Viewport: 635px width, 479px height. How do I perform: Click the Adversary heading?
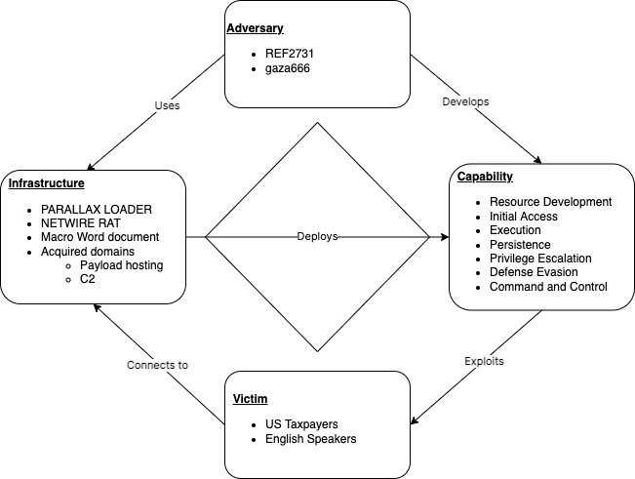pyautogui.click(x=254, y=28)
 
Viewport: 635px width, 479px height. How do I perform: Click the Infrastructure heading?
pyautogui.click(x=46, y=183)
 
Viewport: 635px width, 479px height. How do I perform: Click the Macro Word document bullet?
pyautogui.click(x=99, y=237)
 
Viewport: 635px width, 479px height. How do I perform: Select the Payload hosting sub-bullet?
pyautogui.click(x=122, y=265)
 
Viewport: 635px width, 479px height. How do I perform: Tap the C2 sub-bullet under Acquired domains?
pyautogui.click(x=88, y=279)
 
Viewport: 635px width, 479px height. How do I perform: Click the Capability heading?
pyautogui.click(x=485, y=177)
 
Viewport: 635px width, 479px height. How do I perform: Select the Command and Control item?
pyautogui.click(x=548, y=287)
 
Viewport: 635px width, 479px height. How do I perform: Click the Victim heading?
pyautogui.click(x=251, y=399)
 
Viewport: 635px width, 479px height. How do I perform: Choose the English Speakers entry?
pyautogui.click(x=310, y=439)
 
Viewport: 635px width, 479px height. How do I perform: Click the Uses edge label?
pyautogui.click(x=168, y=105)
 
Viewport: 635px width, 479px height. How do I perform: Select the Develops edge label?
pyautogui.click(x=465, y=101)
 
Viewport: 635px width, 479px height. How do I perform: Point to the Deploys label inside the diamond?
pyautogui.click(x=318, y=237)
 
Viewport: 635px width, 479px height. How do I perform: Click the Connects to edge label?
pyautogui.click(x=157, y=365)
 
